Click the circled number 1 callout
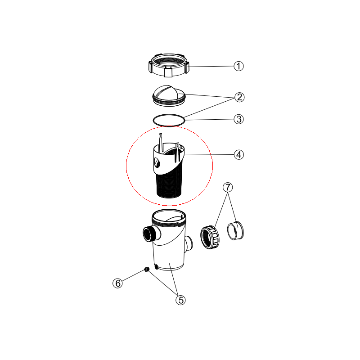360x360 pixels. coord(238,66)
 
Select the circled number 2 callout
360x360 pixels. coord(239,97)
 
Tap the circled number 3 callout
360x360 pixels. coord(239,119)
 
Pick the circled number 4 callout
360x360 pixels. coord(239,154)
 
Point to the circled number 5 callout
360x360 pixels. coord(181,300)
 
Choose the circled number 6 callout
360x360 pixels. coord(117,283)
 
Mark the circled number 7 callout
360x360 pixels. coord(228,187)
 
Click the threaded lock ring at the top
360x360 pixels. coord(169,65)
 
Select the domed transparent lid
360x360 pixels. coord(169,96)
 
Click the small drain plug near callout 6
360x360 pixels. coord(147,269)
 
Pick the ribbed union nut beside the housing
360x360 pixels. coord(210,238)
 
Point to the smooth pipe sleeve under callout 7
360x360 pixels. coord(235,230)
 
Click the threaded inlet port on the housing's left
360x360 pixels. coord(149,234)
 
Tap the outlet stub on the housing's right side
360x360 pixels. coord(189,244)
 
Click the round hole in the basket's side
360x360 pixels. coord(157,163)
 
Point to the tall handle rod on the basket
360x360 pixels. coord(161,142)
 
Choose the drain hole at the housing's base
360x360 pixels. coord(156,267)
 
